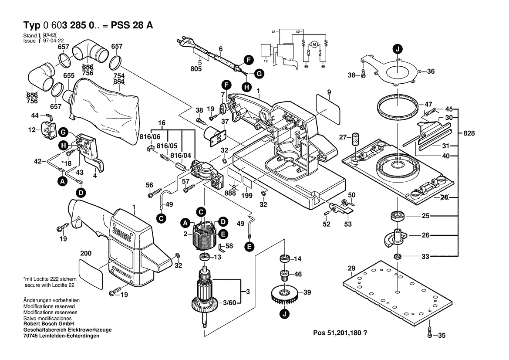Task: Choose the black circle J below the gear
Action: click(x=284, y=314)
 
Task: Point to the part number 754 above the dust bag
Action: click(x=119, y=76)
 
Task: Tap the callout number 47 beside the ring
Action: click(x=428, y=105)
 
